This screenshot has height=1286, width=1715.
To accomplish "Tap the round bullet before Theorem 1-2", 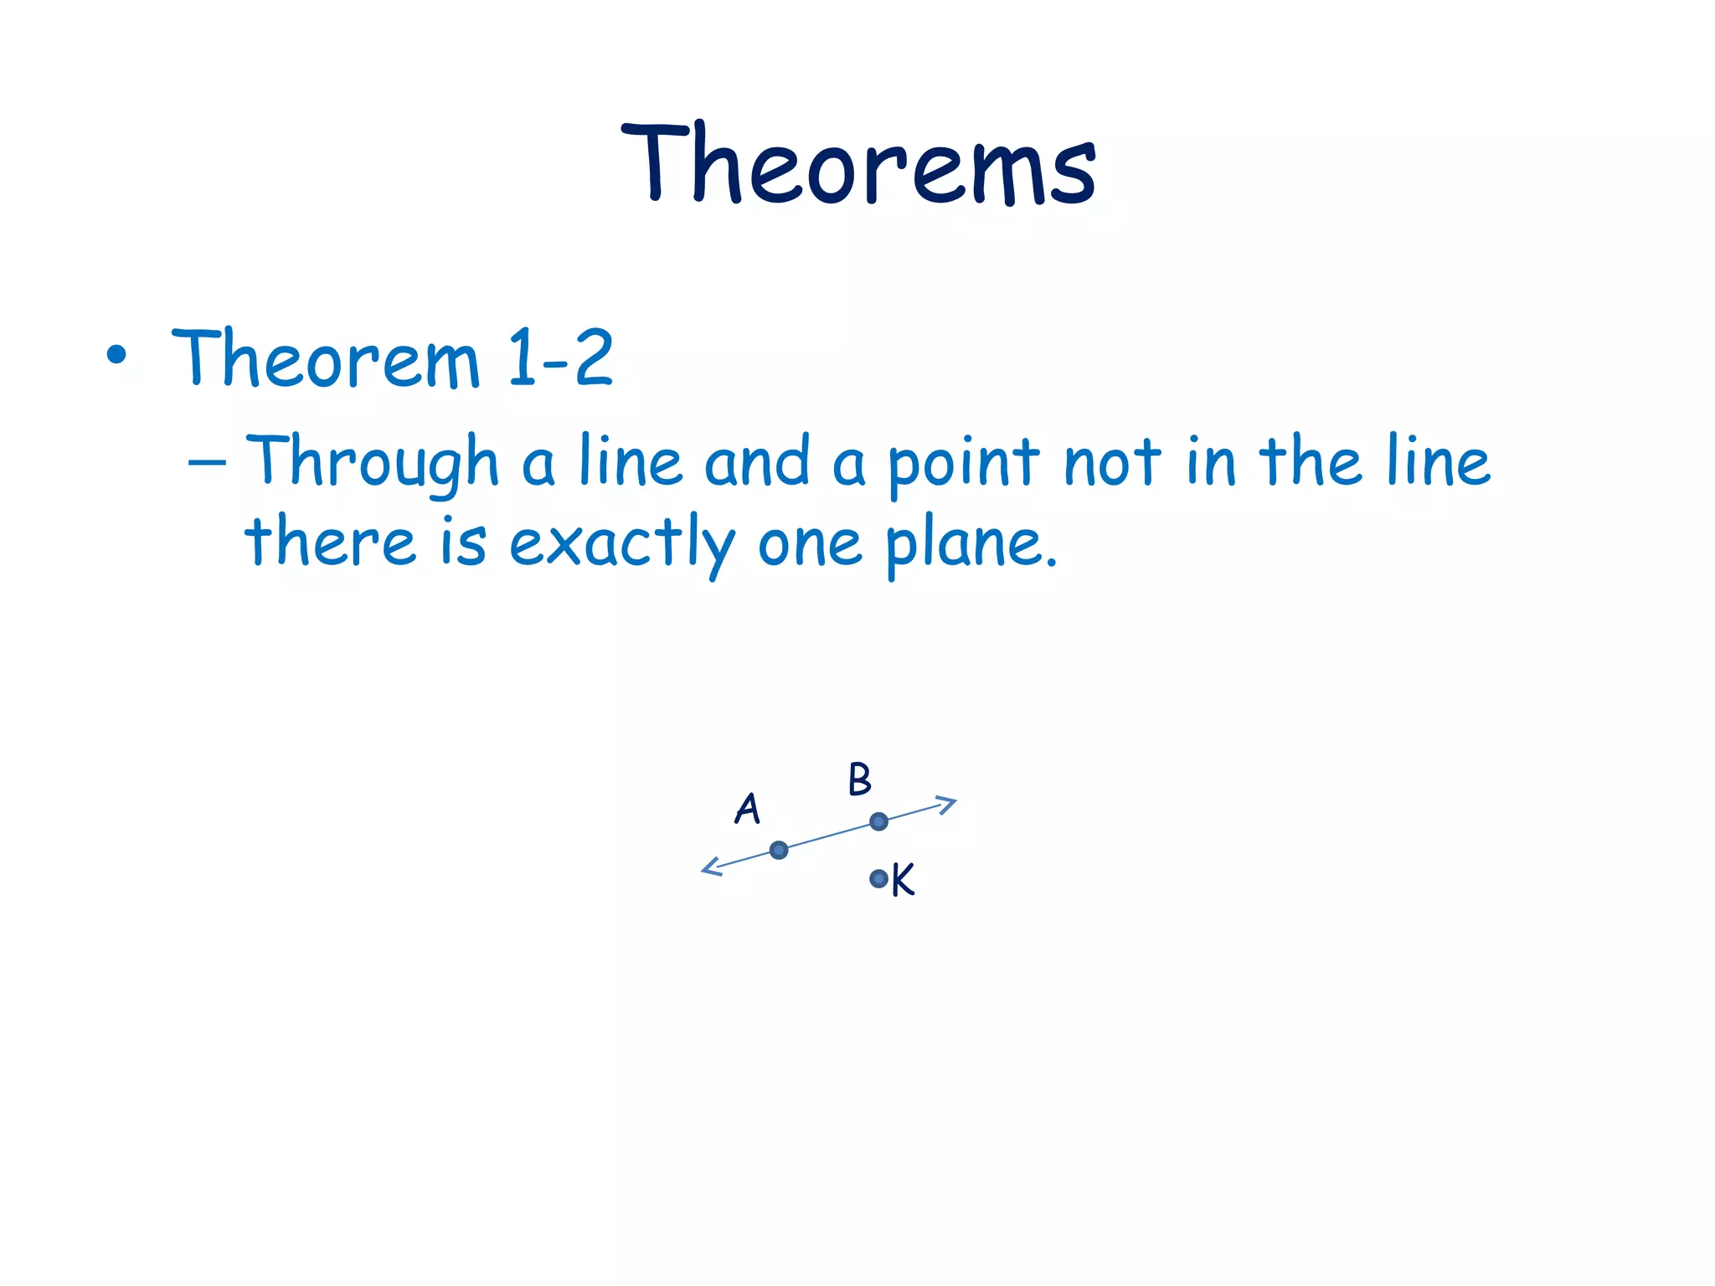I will [116, 356].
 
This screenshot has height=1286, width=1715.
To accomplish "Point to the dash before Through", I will [207, 461].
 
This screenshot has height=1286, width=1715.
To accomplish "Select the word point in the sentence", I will [963, 463].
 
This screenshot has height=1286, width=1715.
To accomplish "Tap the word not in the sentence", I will [1112, 463].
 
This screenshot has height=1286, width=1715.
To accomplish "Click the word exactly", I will [621, 544].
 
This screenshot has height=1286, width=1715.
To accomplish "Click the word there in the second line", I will [330, 542].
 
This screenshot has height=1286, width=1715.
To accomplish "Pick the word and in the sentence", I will [757, 461].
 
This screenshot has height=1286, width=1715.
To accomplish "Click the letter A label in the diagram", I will [747, 809].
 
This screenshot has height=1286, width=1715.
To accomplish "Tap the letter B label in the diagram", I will [860, 779].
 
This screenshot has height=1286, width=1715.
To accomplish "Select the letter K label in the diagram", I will [904, 880].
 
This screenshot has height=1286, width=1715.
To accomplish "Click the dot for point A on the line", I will [779, 851].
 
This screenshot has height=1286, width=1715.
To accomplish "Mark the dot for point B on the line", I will [878, 821].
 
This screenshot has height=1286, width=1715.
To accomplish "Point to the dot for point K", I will [878, 878].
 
